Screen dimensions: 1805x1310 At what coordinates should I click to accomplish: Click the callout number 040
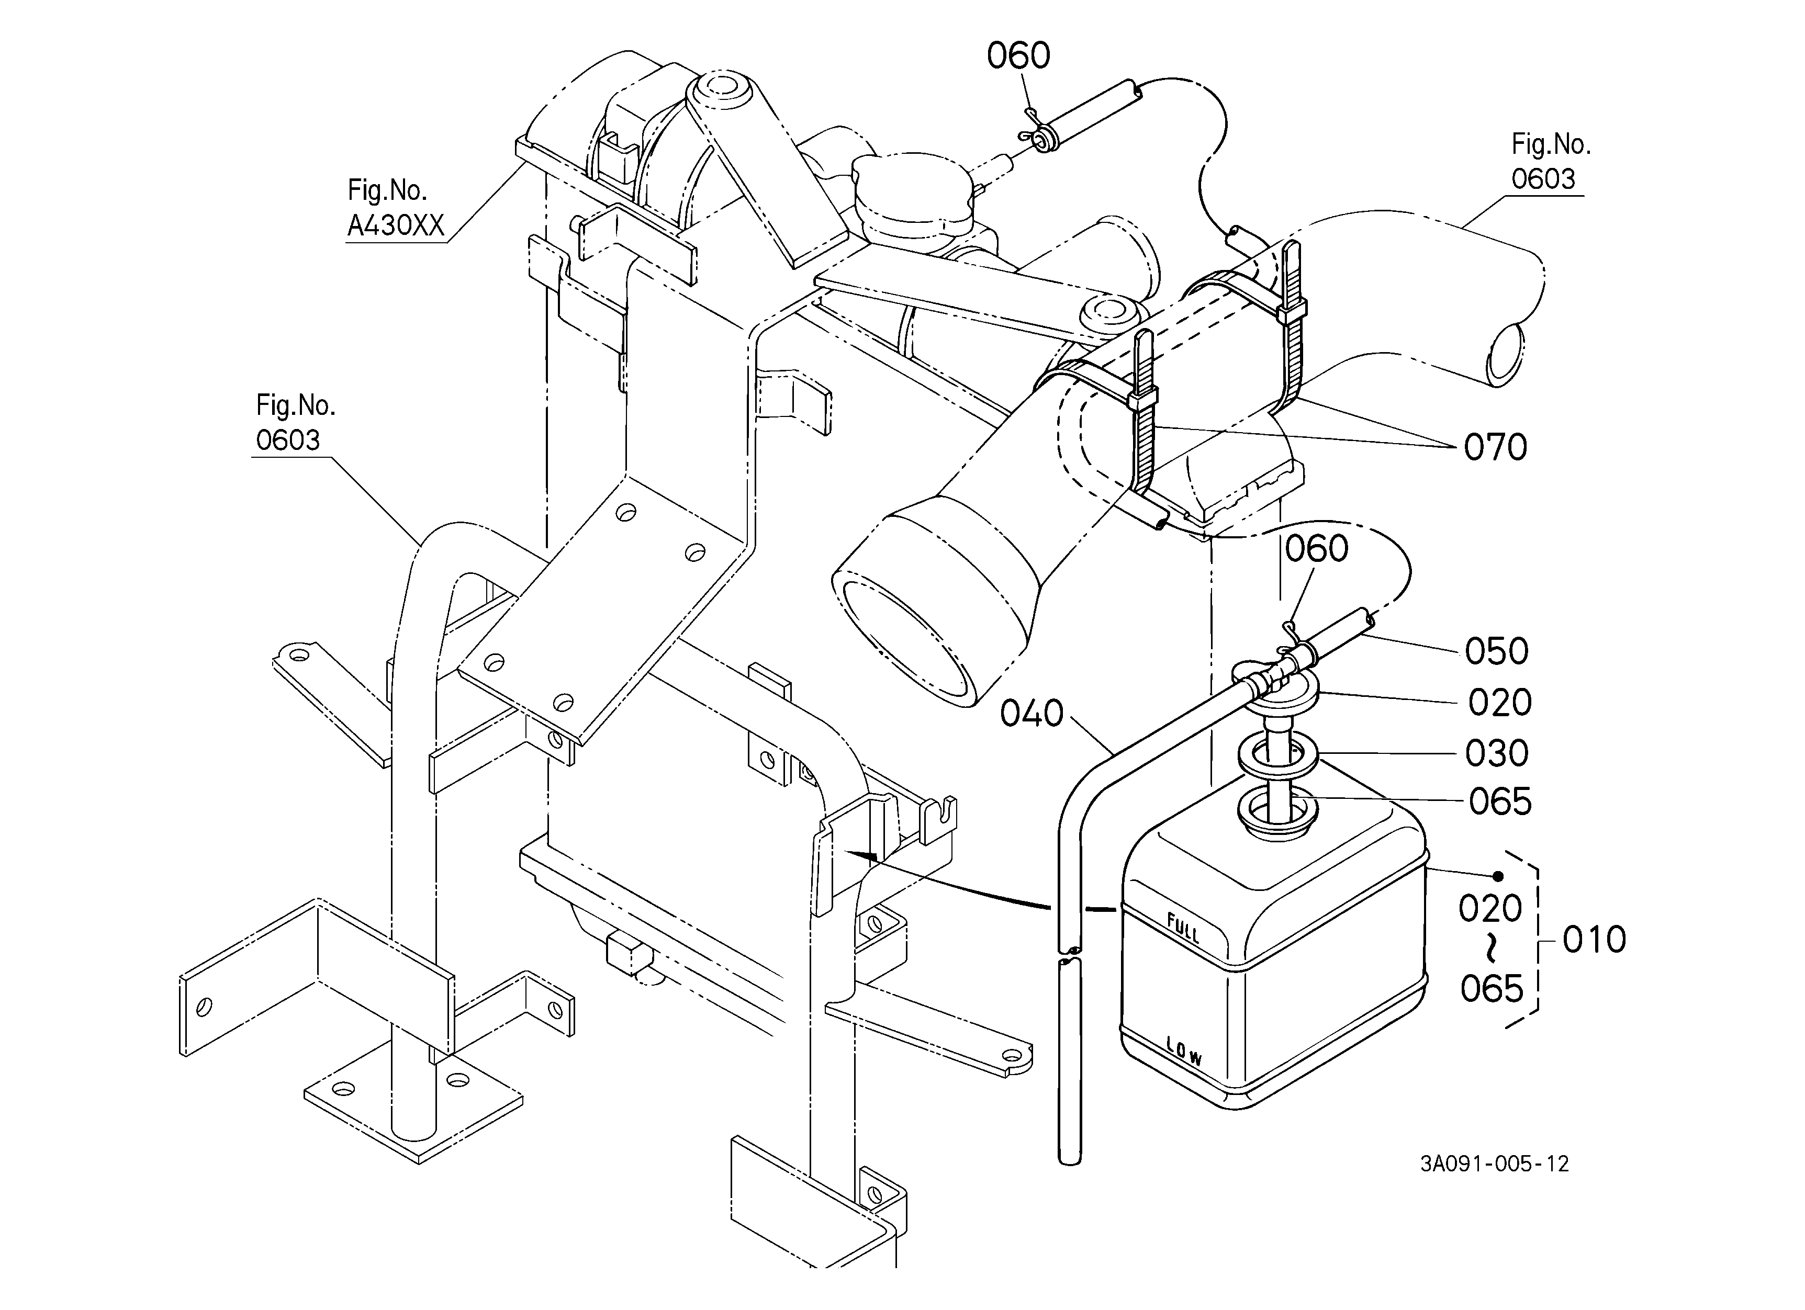[x=1032, y=714]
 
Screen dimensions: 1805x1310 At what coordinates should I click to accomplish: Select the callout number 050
[x=1496, y=651]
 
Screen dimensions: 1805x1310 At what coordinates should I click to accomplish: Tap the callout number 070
[x=1495, y=447]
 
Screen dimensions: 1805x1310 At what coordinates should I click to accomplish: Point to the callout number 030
[x=1496, y=753]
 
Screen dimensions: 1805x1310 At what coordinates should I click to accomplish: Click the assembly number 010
[x=1594, y=940]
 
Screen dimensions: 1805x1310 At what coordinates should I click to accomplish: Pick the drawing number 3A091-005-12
[x=1495, y=1164]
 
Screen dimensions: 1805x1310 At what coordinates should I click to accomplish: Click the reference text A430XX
[x=396, y=226]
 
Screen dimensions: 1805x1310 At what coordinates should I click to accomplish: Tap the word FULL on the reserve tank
[x=1183, y=928]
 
